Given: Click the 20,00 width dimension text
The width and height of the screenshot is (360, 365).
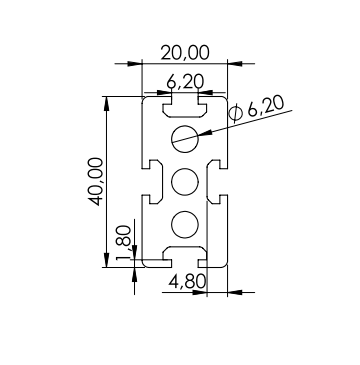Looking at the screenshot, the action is (185, 53).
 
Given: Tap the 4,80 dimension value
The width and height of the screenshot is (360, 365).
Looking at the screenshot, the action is (187, 282).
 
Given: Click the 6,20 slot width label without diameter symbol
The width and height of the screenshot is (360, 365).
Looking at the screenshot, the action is (185, 82).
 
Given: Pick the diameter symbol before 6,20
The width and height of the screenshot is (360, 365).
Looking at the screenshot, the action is (236, 113).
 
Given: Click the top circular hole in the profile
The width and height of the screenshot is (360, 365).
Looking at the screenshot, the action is (185, 139).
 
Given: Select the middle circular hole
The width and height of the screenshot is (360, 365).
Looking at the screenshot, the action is (185, 182).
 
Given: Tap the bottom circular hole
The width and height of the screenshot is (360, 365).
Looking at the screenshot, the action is (185, 225).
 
